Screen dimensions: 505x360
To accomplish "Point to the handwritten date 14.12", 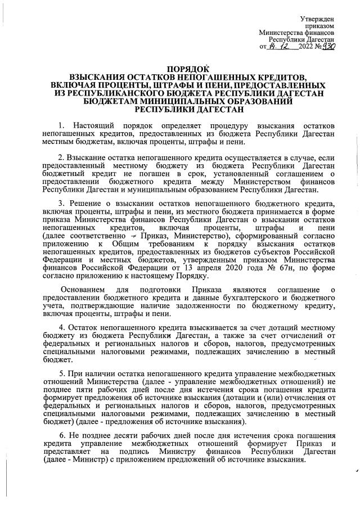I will tap(278, 47).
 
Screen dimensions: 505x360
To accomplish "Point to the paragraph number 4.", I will tap(61, 327).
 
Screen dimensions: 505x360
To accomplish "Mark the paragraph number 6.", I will tap(61, 436).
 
